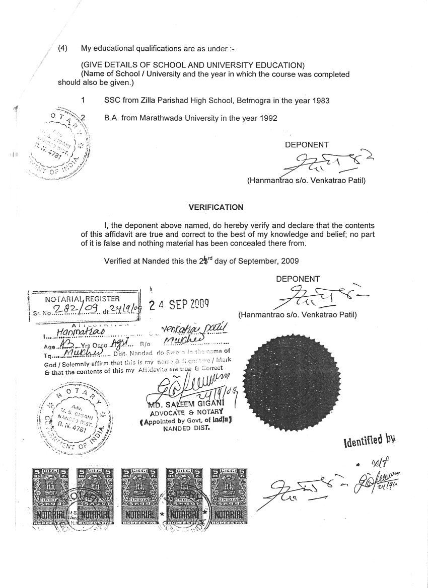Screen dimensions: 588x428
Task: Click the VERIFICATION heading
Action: coord(216,207)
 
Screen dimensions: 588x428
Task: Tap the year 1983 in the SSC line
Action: coord(320,101)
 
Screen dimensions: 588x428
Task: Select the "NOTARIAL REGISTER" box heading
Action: coord(83,299)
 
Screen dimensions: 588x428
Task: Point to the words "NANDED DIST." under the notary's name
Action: coord(186,429)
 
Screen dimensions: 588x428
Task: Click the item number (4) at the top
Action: coord(63,49)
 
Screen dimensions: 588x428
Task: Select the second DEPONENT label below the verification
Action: coord(298,279)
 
